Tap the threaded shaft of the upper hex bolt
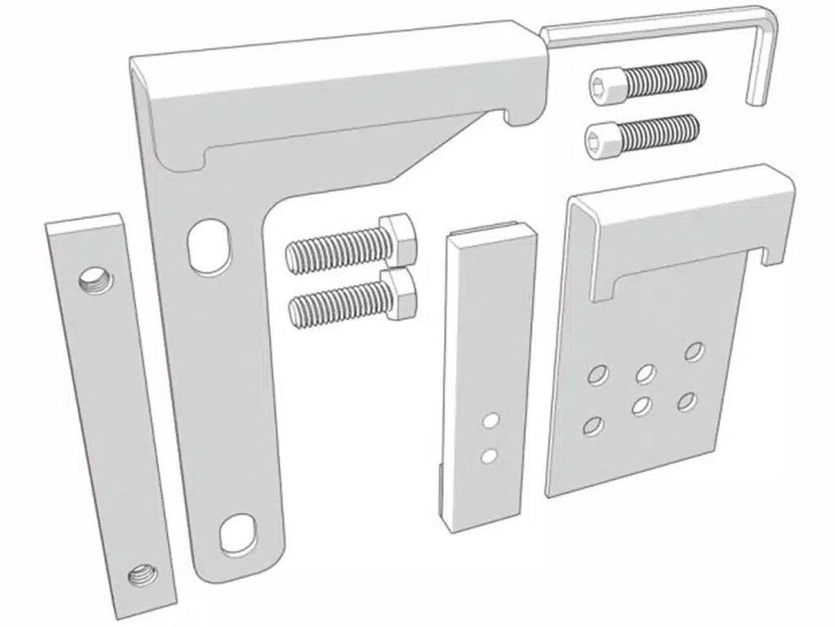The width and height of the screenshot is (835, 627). point(336,247)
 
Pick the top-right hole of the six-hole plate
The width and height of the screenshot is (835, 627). point(695,350)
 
